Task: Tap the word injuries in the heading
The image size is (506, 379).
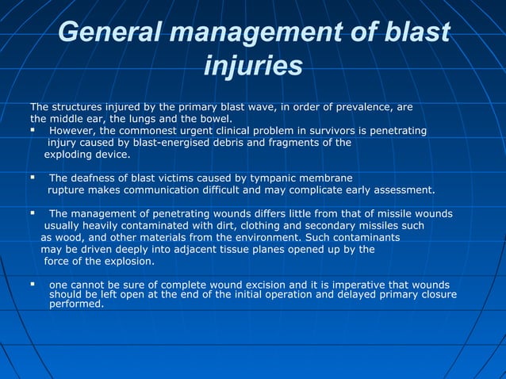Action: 253,66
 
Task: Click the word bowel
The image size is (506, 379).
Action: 209,118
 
